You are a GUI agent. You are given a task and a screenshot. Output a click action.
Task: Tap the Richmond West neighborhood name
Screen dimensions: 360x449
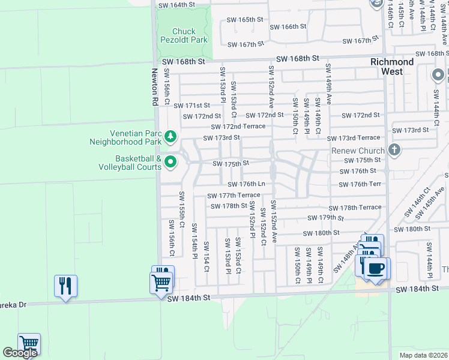coord(391,67)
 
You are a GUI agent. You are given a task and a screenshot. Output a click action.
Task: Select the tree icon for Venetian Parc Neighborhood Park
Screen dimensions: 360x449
coord(170,137)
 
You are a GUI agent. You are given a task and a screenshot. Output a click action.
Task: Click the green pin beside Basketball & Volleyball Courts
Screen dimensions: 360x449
coord(170,161)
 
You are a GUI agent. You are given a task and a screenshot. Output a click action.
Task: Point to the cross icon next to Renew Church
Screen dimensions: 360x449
coord(394,150)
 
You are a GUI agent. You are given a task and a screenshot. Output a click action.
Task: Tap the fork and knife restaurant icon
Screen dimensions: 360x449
coord(66,285)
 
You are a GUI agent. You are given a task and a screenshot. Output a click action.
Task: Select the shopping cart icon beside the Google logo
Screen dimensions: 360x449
coord(29,344)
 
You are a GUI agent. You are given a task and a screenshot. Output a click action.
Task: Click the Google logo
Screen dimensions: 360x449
coord(20,353)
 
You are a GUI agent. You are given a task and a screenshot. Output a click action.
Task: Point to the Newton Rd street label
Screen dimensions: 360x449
coord(154,87)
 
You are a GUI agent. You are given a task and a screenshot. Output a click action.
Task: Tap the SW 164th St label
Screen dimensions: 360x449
coord(177,5)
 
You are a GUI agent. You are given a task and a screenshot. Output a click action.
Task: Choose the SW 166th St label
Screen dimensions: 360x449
coord(288,26)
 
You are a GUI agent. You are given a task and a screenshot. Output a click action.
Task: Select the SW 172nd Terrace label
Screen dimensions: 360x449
coord(238,127)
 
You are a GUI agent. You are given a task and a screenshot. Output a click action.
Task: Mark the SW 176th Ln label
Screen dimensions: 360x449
coord(246,184)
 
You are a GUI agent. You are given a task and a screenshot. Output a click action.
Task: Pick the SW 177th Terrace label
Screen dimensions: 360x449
coord(234,195)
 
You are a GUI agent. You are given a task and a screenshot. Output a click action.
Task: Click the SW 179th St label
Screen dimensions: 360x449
coord(327,218)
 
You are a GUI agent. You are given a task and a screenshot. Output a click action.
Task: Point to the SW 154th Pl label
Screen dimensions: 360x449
coord(194,241)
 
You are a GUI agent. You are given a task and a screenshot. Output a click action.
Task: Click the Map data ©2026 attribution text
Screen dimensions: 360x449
coord(424,355)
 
